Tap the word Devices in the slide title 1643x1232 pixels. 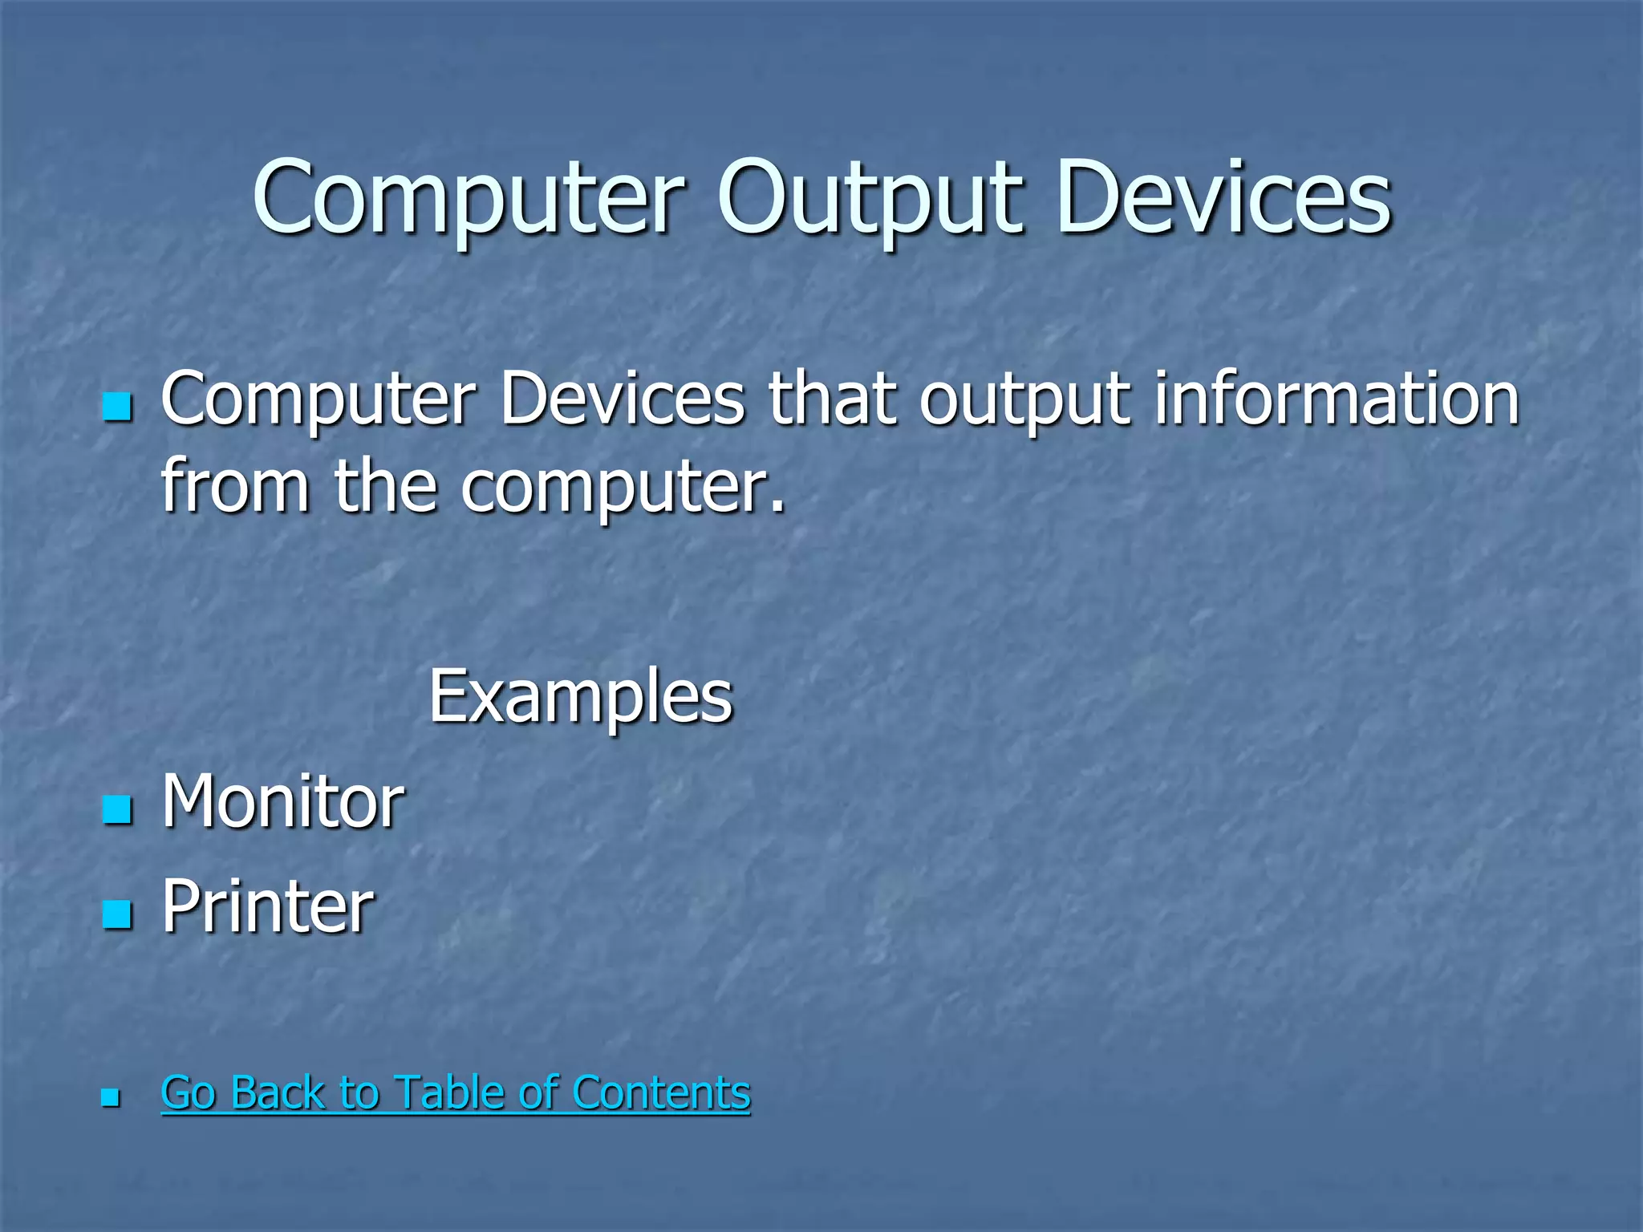[x=1224, y=199]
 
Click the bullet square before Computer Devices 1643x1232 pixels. [x=117, y=407]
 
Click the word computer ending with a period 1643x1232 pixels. [x=623, y=488]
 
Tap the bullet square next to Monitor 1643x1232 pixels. [x=117, y=809]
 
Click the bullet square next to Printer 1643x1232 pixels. [x=117, y=914]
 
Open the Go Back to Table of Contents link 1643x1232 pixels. [x=456, y=1092]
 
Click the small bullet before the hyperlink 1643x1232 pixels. [x=111, y=1097]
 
